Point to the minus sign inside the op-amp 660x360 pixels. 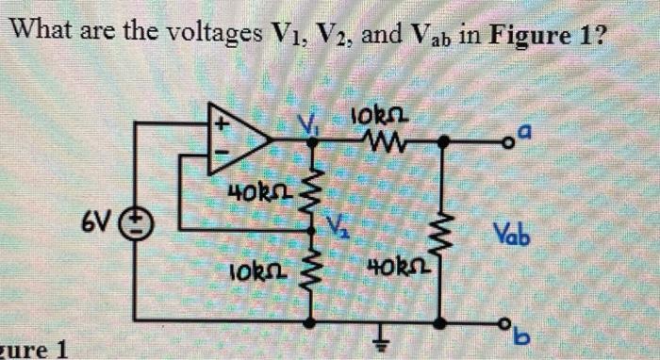coord(223,154)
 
